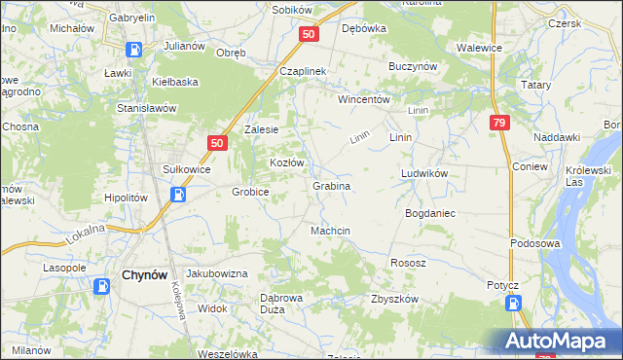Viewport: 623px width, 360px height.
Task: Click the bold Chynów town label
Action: (147, 275)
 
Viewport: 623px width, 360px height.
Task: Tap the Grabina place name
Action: (331, 185)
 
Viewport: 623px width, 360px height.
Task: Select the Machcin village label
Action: (330, 231)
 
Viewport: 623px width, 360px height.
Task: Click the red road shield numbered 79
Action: (499, 123)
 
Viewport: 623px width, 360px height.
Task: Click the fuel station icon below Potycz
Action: (512, 305)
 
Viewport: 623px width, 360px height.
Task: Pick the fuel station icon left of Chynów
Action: (102, 286)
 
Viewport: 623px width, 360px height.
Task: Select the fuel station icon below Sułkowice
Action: (179, 194)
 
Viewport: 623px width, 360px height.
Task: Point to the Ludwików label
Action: (423, 173)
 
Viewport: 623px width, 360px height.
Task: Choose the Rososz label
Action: (408, 263)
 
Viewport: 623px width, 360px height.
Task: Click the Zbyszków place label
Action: (394, 299)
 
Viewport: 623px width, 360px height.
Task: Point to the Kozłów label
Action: (287, 162)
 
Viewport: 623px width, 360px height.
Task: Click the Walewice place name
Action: (479, 46)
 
